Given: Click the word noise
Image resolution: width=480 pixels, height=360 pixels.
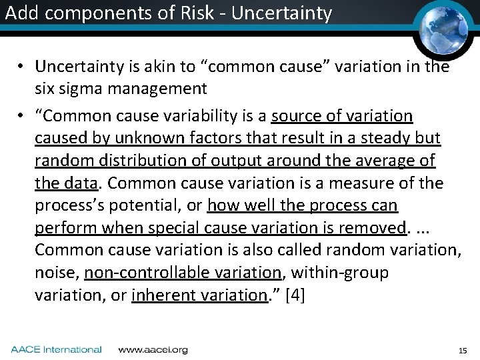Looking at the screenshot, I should point(55,273).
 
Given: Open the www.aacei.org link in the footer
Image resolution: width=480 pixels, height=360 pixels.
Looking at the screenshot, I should point(153,349).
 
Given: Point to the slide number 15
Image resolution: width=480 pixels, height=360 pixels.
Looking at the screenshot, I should point(463,350).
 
